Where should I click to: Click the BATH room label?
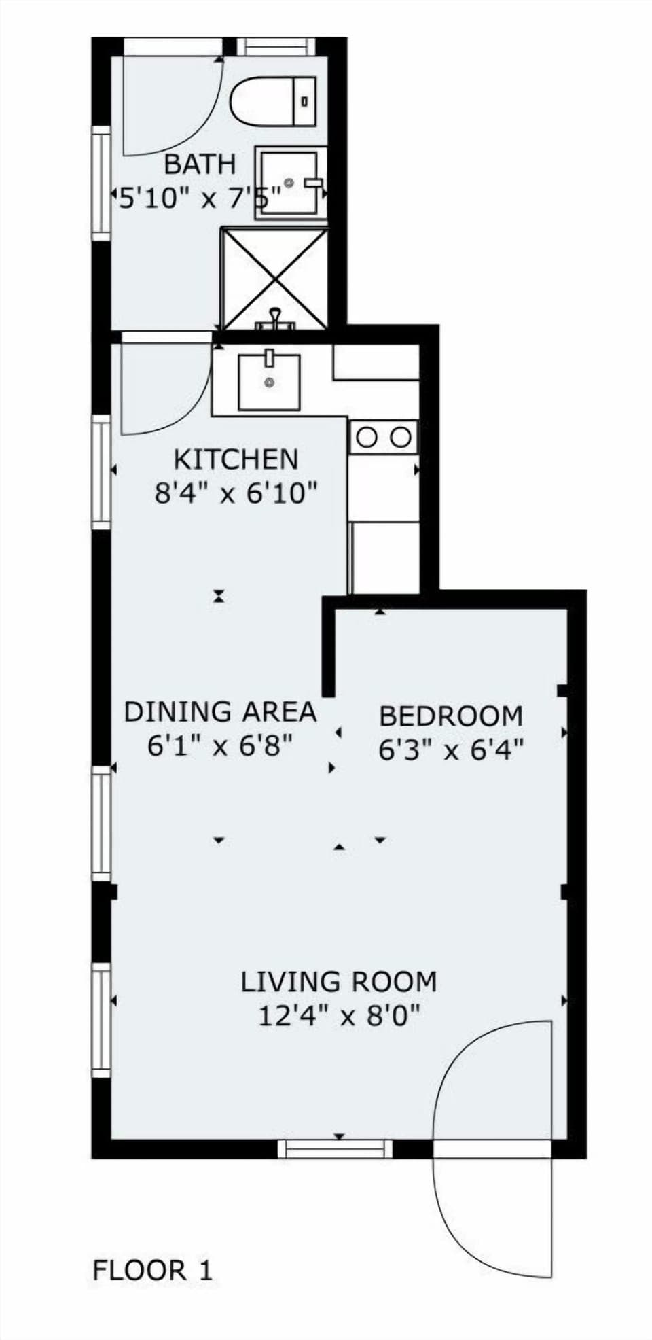pos(200,164)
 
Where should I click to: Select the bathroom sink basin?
pos(288,183)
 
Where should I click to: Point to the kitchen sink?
pos(269,382)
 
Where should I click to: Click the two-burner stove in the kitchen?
pos(383,437)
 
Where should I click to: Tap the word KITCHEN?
pos(236,459)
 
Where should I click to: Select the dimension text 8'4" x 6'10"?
pos(236,493)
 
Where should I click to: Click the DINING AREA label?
pos(220,711)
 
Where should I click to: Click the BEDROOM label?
pos(451,716)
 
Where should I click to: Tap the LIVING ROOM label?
pos(338,982)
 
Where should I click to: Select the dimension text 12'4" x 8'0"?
pos(338,1017)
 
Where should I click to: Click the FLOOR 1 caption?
pos(152,1270)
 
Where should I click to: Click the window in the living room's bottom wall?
pos(336,1149)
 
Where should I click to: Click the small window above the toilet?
pos(276,46)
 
